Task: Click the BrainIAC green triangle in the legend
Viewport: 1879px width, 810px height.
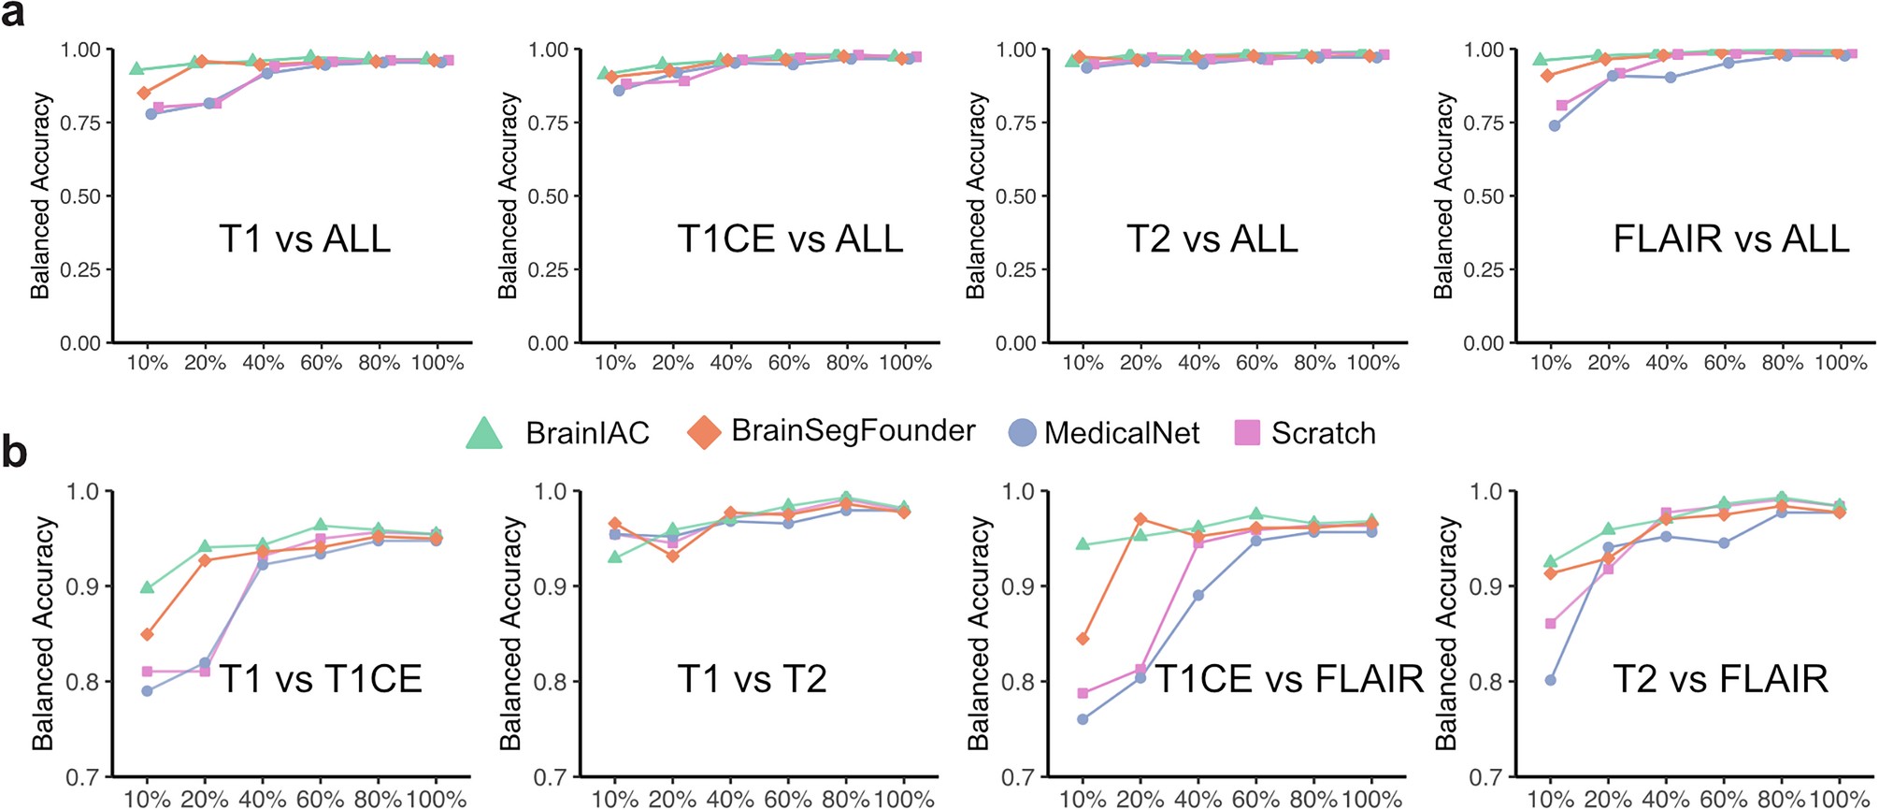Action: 484,433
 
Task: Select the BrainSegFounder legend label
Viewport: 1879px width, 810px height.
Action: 853,430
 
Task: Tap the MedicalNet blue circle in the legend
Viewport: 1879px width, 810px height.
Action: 1023,432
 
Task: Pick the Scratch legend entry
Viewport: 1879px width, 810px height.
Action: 1322,433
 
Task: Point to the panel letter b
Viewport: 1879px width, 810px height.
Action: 14,451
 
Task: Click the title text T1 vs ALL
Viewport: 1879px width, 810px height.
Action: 305,239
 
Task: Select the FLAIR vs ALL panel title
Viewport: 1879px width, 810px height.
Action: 1730,239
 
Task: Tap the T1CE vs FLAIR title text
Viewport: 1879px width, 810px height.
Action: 1289,679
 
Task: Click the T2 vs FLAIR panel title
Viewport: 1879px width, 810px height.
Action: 1720,679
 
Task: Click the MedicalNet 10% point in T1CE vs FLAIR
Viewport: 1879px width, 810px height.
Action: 1083,719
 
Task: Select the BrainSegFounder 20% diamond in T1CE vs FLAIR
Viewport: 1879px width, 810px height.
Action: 1140,518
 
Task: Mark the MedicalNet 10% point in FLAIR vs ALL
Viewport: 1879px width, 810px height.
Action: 1555,125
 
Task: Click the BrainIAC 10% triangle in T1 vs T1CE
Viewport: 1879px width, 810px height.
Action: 147,587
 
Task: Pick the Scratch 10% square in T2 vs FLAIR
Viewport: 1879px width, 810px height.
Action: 1550,623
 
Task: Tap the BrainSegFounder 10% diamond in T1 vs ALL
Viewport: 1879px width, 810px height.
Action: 144,93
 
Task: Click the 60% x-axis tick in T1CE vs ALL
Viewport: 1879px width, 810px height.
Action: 788,363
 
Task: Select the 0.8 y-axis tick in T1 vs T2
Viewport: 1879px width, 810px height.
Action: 549,682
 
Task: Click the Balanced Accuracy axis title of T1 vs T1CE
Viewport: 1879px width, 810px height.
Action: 42,633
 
